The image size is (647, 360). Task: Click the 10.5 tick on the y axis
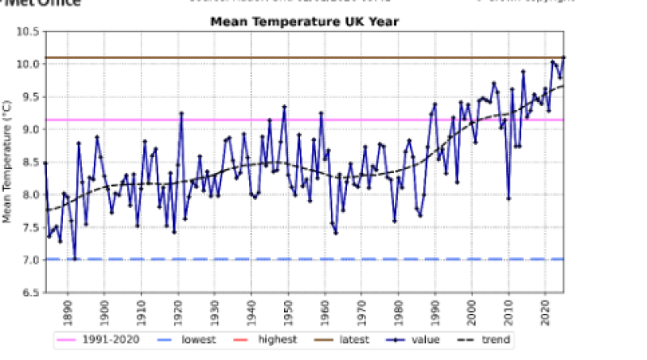tap(29, 32)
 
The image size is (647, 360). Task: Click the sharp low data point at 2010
tap(509, 197)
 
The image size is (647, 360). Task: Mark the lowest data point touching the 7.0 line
tap(74, 259)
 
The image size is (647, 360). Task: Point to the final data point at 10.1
tap(564, 57)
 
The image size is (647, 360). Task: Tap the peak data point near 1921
tap(181, 113)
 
